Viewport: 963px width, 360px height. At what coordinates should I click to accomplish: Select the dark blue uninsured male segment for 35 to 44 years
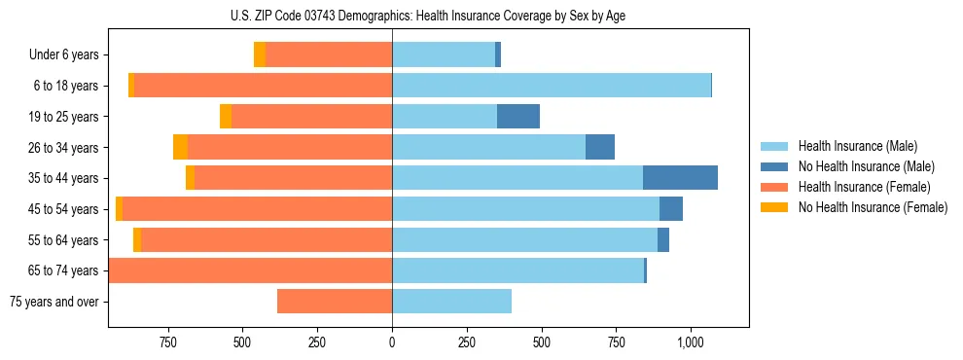tap(680, 178)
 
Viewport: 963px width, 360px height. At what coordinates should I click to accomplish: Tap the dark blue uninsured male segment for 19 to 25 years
tap(517, 117)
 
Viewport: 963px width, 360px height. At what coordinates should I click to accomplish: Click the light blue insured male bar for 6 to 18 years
tap(551, 86)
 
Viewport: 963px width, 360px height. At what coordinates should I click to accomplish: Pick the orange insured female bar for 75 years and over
tap(334, 302)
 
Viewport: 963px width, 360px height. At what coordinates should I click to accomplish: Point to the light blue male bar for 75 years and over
tap(451, 302)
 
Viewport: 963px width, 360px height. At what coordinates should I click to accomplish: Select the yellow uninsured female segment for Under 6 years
tap(260, 54)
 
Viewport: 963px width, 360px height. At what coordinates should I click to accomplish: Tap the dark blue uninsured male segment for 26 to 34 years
tap(599, 147)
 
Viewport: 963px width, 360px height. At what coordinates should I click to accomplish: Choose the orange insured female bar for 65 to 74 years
tap(250, 270)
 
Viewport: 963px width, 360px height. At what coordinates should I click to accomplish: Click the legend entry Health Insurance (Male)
tap(857, 146)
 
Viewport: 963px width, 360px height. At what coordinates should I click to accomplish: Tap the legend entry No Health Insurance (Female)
tap(872, 207)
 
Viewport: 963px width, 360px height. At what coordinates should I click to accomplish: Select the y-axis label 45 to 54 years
tap(64, 209)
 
